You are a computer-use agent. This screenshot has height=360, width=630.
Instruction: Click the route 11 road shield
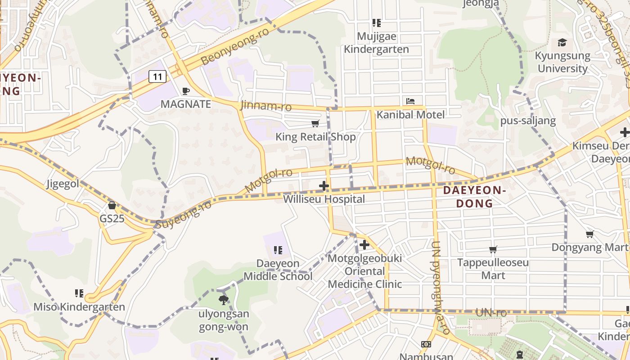[x=157, y=76]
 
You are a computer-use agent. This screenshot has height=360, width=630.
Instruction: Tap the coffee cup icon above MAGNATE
[x=185, y=91]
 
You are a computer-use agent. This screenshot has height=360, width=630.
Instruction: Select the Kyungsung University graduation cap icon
[x=562, y=43]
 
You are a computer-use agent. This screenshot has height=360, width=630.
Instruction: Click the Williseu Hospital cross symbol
[x=324, y=185]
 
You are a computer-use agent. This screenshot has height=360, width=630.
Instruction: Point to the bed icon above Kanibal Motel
[x=410, y=101]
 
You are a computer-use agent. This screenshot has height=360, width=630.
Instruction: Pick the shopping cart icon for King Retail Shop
[x=315, y=123]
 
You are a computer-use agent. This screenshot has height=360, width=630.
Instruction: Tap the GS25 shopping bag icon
[x=112, y=205]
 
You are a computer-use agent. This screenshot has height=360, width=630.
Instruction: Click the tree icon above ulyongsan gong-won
[x=223, y=300]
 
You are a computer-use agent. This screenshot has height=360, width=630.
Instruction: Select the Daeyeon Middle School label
[x=278, y=270]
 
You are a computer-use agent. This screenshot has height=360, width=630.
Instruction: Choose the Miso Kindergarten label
[x=79, y=307]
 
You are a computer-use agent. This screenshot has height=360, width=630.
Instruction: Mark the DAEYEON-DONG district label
[x=475, y=197]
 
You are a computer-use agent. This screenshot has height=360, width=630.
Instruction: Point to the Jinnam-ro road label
[x=266, y=106]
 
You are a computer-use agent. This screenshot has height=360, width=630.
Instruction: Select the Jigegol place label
[x=63, y=184]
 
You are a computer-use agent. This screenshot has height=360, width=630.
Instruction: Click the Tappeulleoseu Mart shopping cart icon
[x=493, y=249]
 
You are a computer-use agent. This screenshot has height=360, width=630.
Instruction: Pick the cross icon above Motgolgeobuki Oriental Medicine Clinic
[x=364, y=245]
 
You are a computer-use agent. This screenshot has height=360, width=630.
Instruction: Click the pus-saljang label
[x=528, y=121]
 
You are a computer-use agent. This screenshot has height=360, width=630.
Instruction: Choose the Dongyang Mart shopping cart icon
[x=590, y=234]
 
